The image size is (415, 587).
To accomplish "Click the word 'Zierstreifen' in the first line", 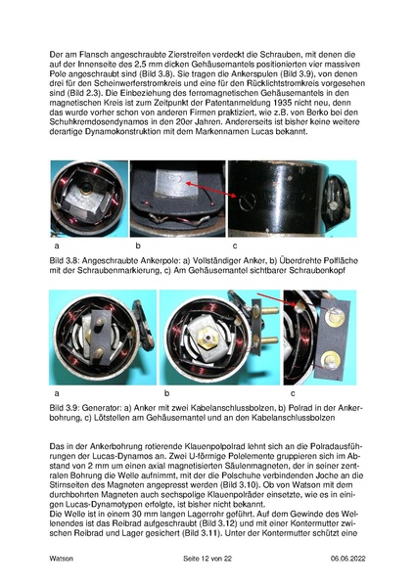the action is click(180, 51).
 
